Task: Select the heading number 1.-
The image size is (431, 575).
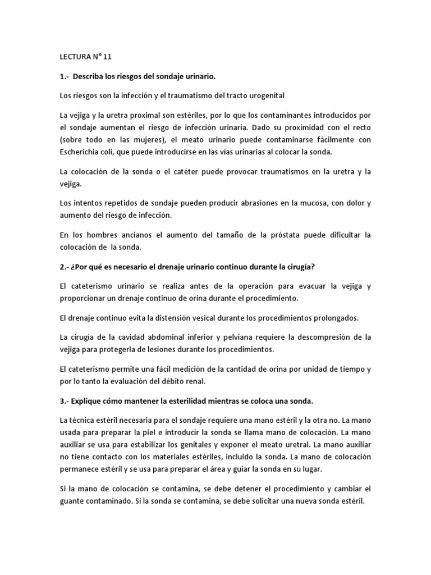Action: tap(65, 76)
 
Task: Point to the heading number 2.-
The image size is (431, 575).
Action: tap(65, 267)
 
